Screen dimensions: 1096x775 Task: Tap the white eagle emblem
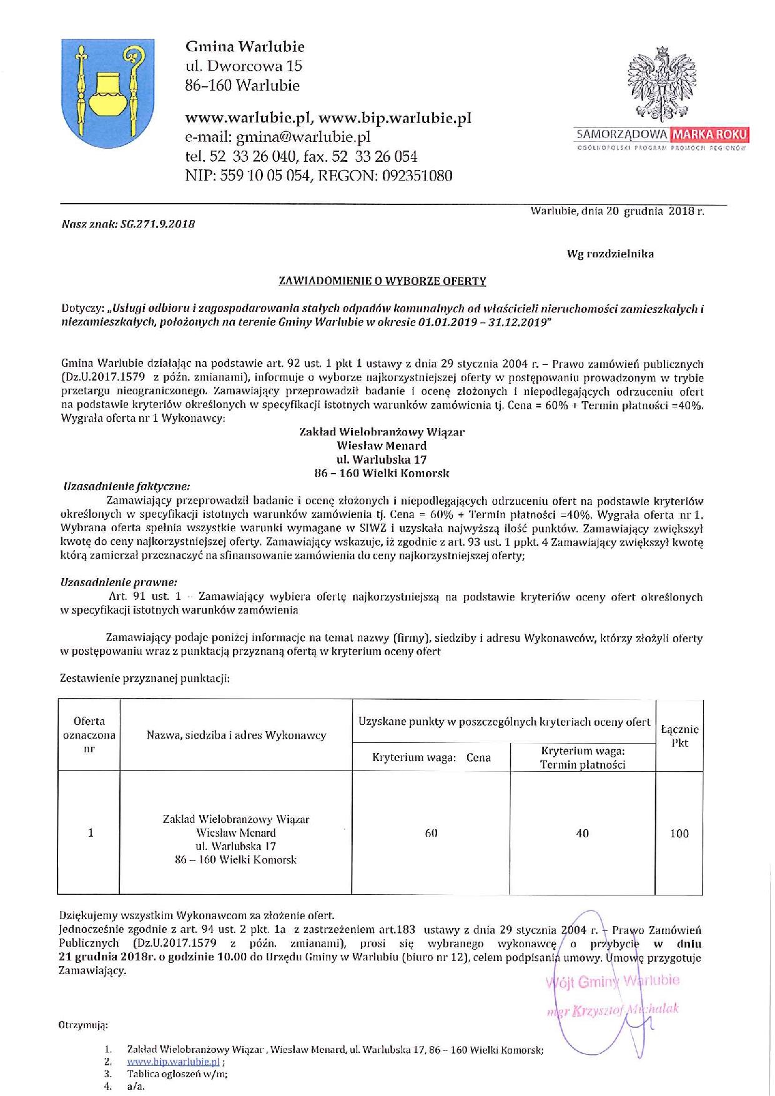662,84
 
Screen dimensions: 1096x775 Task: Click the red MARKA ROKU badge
709,134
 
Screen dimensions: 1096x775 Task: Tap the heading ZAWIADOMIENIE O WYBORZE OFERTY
382,281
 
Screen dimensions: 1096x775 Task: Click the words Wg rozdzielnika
610,254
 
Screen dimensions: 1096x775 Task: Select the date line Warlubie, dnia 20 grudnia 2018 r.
617,211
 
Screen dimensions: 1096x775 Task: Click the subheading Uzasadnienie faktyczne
127,486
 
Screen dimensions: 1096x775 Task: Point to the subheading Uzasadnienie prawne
119,582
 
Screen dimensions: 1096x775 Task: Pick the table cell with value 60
431,833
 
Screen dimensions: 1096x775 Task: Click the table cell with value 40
582,833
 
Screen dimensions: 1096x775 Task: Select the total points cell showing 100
679,833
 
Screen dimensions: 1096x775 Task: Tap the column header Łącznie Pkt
679,735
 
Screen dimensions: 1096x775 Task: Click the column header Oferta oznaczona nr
89,735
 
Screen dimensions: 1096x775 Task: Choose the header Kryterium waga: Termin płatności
583,757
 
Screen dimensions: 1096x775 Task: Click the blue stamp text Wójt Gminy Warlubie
613,980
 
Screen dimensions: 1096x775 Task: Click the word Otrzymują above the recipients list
83,1025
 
